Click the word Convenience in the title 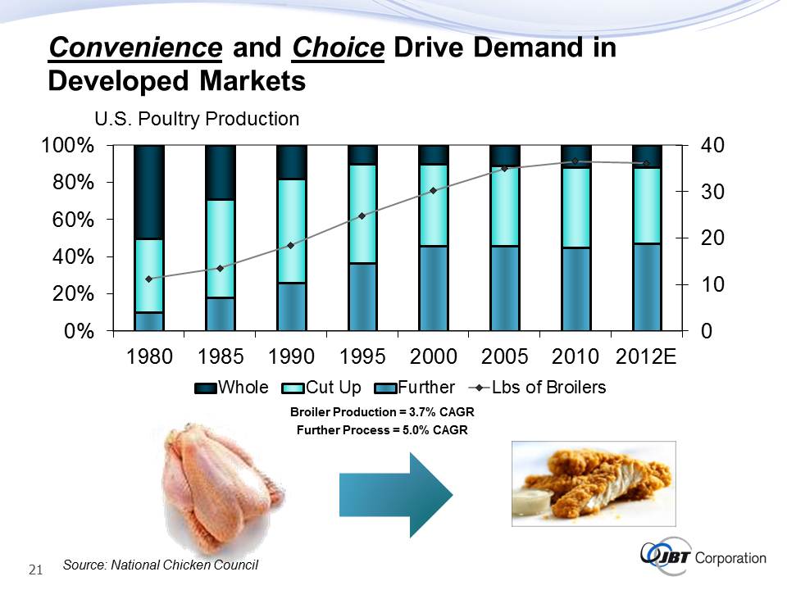[x=135, y=48]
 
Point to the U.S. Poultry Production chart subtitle [x=197, y=119]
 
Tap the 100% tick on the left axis [x=67, y=146]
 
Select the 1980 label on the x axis [x=150, y=357]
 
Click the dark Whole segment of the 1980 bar [x=149, y=192]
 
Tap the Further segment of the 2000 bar [x=433, y=288]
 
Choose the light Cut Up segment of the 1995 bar [x=362, y=214]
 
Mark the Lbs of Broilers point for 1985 [x=221, y=268]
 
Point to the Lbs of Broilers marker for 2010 [x=575, y=161]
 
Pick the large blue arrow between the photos [x=395, y=493]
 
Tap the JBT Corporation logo [x=702, y=559]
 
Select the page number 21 [x=35, y=570]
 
